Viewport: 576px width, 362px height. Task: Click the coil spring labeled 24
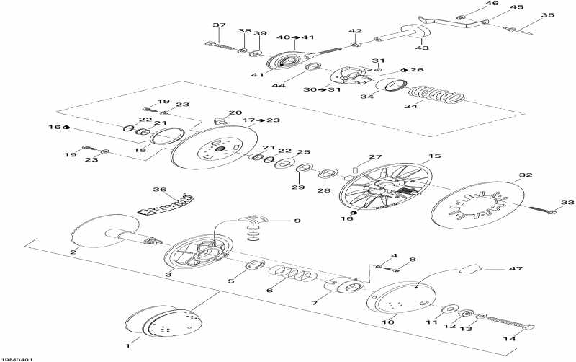[436, 95]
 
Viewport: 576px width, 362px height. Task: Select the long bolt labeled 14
[511, 323]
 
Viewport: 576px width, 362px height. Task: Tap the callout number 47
[516, 269]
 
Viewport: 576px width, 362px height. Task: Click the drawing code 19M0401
[14, 359]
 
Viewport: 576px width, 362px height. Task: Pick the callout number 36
[160, 190]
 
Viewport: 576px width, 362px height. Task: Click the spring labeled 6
[293, 275]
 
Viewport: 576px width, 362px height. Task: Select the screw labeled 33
[543, 210]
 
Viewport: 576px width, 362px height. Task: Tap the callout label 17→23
[261, 120]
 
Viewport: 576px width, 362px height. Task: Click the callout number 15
[435, 156]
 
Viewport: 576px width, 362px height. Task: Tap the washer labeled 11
[449, 309]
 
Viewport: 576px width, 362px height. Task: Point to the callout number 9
[297, 221]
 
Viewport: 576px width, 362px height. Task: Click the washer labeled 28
[328, 173]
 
